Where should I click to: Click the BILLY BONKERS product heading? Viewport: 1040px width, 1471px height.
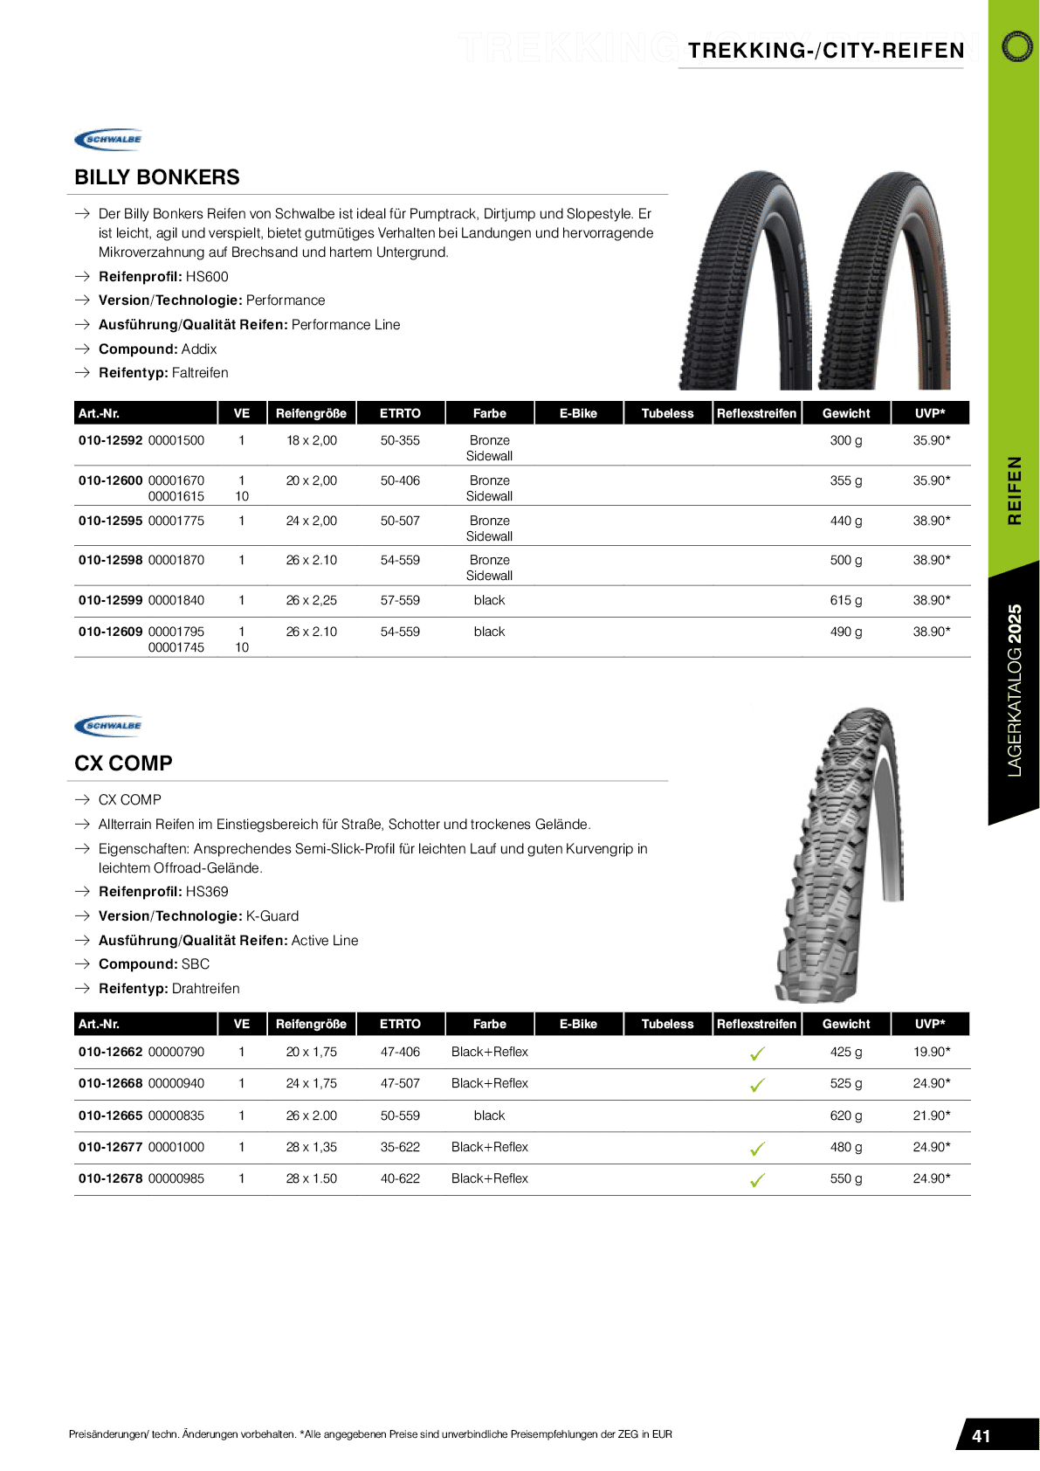tap(157, 177)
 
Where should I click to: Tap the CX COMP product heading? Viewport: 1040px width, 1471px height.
tap(123, 763)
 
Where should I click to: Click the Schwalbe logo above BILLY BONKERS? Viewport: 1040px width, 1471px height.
tap(108, 140)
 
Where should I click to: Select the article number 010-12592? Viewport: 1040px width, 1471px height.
tap(110, 440)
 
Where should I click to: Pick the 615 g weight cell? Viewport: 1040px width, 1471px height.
tap(845, 600)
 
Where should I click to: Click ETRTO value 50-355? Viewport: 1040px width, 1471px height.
tap(400, 440)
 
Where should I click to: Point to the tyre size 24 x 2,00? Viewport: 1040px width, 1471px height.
tap(311, 521)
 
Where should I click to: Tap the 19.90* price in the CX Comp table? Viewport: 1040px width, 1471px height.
tap(931, 1052)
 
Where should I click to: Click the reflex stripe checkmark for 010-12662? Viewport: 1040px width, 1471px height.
tap(757, 1053)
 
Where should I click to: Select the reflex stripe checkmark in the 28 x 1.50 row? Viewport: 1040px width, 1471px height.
tap(757, 1180)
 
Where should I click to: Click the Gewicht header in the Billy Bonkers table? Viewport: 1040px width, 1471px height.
tap(845, 413)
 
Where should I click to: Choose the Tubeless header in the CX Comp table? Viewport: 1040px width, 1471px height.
tap(667, 1024)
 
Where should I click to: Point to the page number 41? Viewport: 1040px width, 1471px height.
tap(981, 1436)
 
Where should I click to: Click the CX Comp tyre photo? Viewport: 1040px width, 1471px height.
tap(838, 856)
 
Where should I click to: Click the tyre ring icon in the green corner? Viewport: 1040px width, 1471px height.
tap(1016, 46)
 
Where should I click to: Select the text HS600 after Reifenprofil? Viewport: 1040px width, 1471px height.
tap(207, 277)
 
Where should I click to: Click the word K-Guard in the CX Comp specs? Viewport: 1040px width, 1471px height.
tap(272, 916)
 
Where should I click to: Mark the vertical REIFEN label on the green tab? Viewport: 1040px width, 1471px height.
tap(1014, 490)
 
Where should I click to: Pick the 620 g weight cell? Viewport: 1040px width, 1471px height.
tap(845, 1115)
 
